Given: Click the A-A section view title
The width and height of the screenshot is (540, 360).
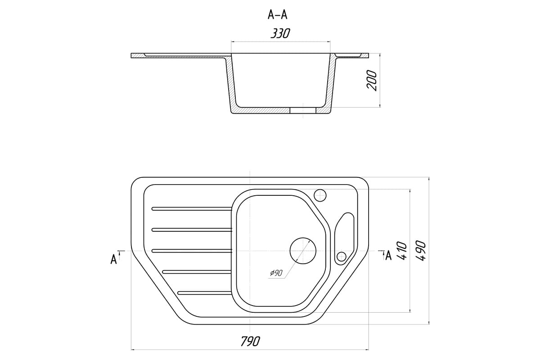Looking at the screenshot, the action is tap(278, 15).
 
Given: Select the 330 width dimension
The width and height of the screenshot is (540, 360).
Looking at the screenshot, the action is tap(280, 33).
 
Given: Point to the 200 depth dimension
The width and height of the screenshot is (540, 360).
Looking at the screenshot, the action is tap(372, 81).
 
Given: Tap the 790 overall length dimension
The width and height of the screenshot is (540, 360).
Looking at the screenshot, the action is tap(251, 341).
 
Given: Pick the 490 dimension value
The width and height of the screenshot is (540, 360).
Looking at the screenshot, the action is tap(421, 251).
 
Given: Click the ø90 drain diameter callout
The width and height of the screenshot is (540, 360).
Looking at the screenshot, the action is tap(276, 273).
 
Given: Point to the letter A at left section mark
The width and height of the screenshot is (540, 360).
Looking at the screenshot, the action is tap(113, 260).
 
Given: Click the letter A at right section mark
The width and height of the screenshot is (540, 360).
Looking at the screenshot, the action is tap(388, 256).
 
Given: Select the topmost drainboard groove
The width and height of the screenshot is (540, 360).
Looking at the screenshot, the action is tap(192, 208).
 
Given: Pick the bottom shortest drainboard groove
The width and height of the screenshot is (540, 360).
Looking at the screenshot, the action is tap(204, 293).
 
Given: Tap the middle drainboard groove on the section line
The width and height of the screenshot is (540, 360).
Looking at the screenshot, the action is tap(192, 251).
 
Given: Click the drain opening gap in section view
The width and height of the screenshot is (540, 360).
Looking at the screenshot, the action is tap(302, 110).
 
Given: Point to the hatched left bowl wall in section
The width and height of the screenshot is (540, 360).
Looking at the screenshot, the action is tap(230, 85).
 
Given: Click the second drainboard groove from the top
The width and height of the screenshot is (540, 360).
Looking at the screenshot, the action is tap(192, 229).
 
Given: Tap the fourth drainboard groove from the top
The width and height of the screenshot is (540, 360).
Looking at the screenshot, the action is tap(197, 272).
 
